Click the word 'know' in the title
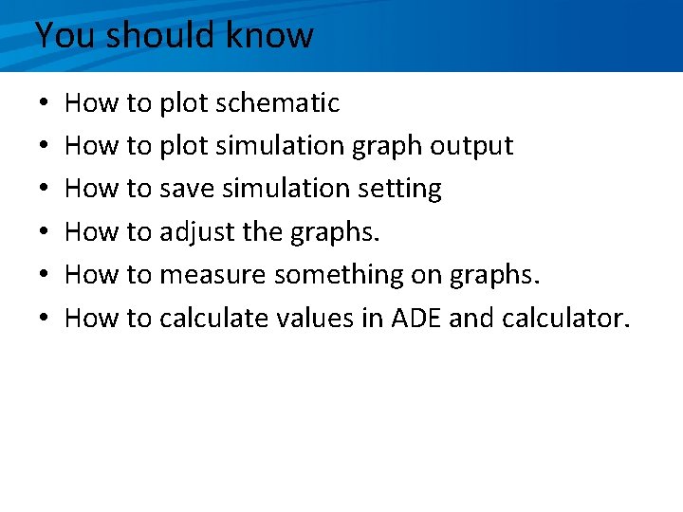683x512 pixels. (x=269, y=36)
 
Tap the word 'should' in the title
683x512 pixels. (x=162, y=36)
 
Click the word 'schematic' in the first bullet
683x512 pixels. (x=277, y=102)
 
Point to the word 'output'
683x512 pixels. (x=471, y=146)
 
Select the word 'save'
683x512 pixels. (x=187, y=189)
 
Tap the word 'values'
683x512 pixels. (x=315, y=318)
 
